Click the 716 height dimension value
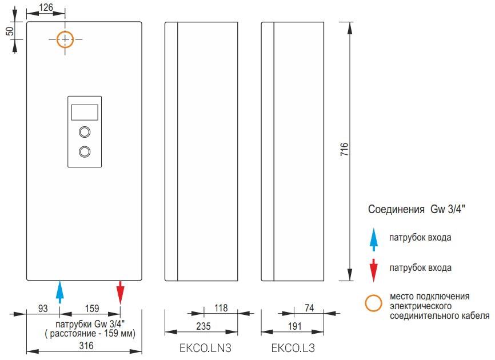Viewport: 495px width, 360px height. (x=345, y=149)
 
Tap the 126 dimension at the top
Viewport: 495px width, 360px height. (x=46, y=7)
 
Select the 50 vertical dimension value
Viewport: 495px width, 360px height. (x=10, y=31)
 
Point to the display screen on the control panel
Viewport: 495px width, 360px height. (x=85, y=113)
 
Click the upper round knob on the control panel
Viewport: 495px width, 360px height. (x=85, y=126)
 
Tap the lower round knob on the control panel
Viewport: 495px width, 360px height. (x=85, y=146)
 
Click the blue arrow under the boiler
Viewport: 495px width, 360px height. (x=59, y=292)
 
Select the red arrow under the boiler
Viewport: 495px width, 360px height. (x=120, y=292)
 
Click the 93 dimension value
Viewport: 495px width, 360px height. (x=43, y=308)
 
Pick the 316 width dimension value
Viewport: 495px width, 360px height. (x=86, y=346)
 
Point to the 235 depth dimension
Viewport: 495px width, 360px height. (x=203, y=326)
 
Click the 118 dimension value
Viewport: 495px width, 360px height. (x=221, y=308)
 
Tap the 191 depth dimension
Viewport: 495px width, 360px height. (x=294, y=326)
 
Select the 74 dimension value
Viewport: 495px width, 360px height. (x=309, y=308)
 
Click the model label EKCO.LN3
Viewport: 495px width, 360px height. (x=205, y=348)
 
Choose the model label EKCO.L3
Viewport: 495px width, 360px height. (x=293, y=348)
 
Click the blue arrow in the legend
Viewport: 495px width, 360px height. (x=373, y=239)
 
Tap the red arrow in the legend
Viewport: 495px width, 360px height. (x=373, y=270)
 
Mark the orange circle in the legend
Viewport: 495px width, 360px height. (x=373, y=295)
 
